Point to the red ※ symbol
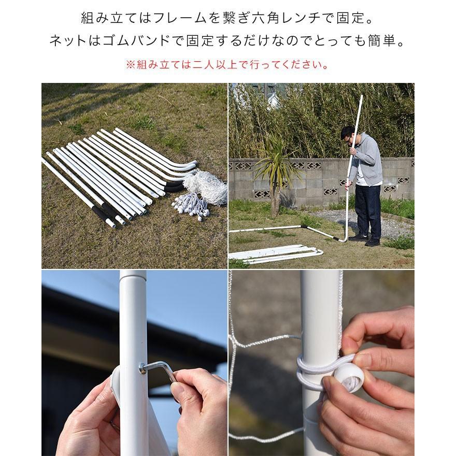pos(130,65)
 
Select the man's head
pos(348,135)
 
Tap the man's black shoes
pos(365,239)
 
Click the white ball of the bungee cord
pos(348,377)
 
